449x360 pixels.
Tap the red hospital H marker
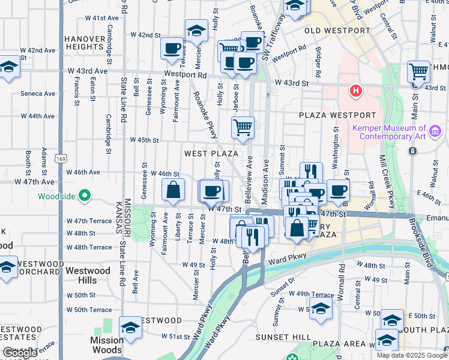(x=356, y=92)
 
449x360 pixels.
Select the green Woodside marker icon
(x=85, y=196)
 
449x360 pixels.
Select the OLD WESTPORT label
(x=337, y=31)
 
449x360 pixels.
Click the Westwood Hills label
(x=88, y=275)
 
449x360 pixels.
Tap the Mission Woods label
(x=106, y=344)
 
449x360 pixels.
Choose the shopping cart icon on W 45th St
(x=243, y=128)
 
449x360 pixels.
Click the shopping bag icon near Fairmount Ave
(x=173, y=190)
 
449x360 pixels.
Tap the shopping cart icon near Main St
(x=418, y=72)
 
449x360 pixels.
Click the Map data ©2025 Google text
(x=411, y=355)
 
